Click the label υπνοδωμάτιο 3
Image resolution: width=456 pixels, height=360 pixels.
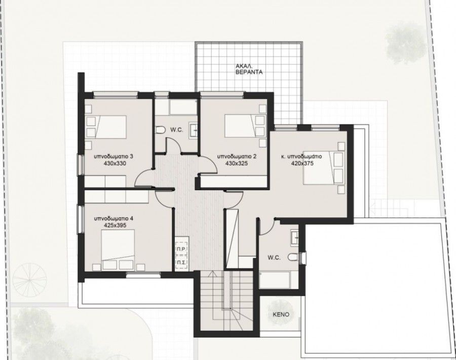(113, 157)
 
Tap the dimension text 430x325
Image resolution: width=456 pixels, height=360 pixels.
(237, 164)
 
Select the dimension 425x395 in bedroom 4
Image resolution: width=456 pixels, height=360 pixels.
(115, 225)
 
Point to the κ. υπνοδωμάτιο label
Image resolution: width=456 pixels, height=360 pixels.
(301, 157)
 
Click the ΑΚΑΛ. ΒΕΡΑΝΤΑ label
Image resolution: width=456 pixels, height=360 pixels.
(249, 69)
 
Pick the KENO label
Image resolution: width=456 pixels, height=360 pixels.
(281, 314)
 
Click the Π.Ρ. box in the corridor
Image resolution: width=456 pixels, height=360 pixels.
(182, 249)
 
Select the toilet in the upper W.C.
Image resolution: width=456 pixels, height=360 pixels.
(160, 130)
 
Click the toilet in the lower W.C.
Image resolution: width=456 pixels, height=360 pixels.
(294, 257)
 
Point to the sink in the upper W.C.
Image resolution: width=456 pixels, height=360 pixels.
(194, 130)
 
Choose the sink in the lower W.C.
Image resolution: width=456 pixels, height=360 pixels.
(294, 238)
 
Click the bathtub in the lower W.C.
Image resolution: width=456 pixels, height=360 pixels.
(275, 280)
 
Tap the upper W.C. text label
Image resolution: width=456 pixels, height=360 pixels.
(176, 130)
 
